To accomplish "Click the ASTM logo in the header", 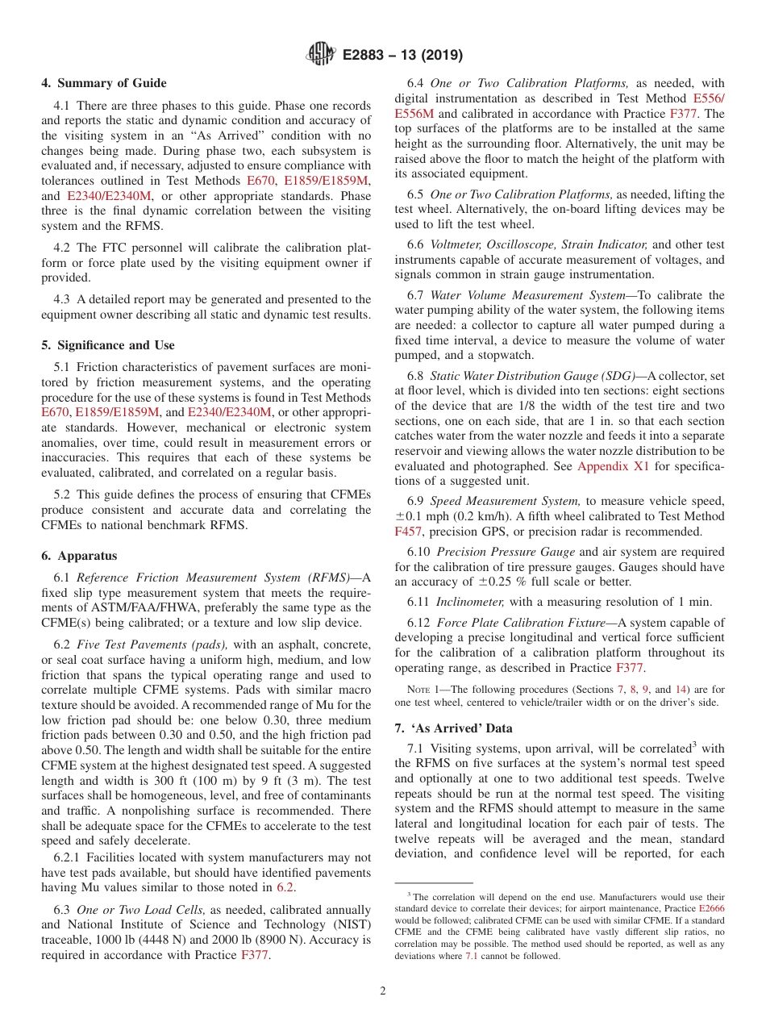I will tap(321, 55).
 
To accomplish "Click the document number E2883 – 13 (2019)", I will tap(402, 56).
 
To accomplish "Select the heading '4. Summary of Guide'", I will tap(104, 83).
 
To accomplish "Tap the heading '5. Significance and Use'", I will tap(108, 345).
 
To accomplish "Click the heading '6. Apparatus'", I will tap(79, 556).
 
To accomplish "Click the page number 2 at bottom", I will tap(383, 991).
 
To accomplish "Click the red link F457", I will tap(408, 532).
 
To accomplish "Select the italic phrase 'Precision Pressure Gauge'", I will tap(506, 552).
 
